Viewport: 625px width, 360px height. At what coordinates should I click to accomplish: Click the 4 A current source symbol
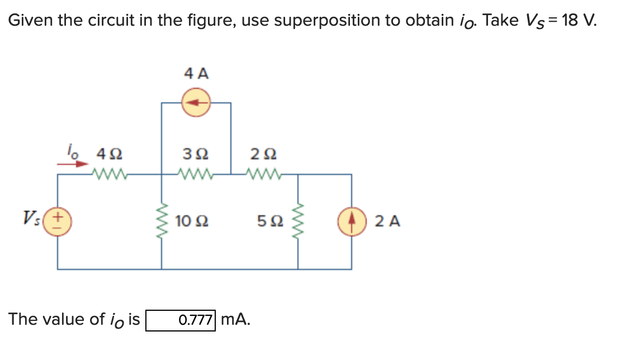tap(196, 103)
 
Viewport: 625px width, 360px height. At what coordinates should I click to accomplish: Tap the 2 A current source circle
tap(352, 221)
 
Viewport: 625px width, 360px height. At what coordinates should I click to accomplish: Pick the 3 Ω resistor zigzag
tap(196, 174)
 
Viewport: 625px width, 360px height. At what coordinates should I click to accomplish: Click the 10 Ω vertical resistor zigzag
tap(162, 221)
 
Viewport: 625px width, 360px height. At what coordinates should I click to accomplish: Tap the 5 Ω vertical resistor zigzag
tap(297, 221)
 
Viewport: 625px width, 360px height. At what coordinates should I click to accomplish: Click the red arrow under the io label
tap(75, 164)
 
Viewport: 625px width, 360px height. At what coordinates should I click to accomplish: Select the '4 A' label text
tap(196, 73)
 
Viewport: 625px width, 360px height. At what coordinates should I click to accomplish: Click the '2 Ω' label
tap(264, 153)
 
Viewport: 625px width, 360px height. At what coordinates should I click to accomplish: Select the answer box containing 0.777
tap(181, 320)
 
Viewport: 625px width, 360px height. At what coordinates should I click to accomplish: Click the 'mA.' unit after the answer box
tap(235, 320)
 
